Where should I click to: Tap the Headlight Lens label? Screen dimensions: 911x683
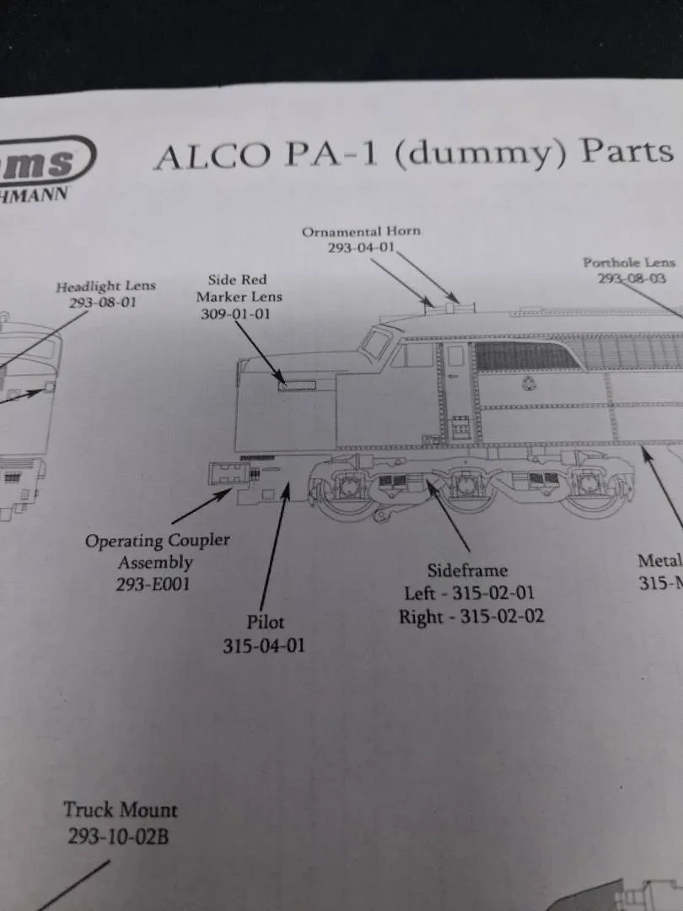click(x=105, y=287)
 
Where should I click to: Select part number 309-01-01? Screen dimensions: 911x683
click(x=239, y=314)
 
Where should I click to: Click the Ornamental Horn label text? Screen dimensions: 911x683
click(x=361, y=231)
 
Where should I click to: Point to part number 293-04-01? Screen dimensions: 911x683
click(x=361, y=247)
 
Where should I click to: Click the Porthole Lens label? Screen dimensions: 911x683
click(x=629, y=263)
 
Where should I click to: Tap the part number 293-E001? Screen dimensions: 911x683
click(x=153, y=584)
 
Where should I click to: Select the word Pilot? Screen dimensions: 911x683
click(x=266, y=623)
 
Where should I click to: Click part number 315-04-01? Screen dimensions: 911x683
click(x=264, y=646)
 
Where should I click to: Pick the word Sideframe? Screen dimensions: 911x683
click(x=467, y=570)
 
